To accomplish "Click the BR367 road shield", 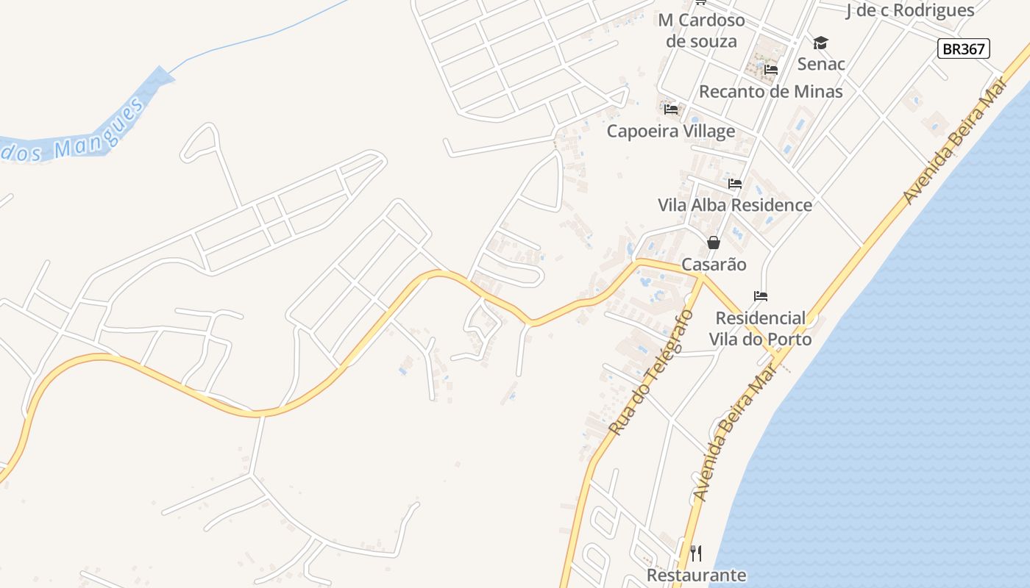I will tap(963, 49).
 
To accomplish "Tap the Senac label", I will tap(821, 64).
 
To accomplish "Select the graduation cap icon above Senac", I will tap(820, 43).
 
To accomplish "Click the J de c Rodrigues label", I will tap(910, 10).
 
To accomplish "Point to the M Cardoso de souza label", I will tap(701, 30).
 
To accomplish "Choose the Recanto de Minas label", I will tap(770, 92).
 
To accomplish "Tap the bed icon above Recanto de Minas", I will tap(771, 70).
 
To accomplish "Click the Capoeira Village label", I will tap(670, 131).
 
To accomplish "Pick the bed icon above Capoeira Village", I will tap(671, 110).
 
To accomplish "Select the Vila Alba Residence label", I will tap(735, 205).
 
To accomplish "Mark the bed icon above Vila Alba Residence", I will tap(735, 184).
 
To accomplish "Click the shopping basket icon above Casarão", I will tap(714, 243).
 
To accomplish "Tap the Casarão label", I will tap(714, 265).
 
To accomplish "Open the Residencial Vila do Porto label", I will tap(760, 329).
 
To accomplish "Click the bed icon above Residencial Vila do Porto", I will tap(761, 296).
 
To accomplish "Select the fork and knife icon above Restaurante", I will tap(696, 553).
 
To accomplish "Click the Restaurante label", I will tap(696, 575).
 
